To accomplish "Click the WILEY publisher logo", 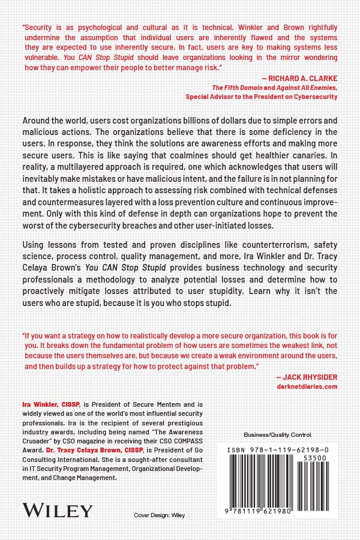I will [x=58, y=511].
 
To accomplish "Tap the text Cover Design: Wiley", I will [x=160, y=515].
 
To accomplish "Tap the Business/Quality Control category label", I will [x=277, y=434].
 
